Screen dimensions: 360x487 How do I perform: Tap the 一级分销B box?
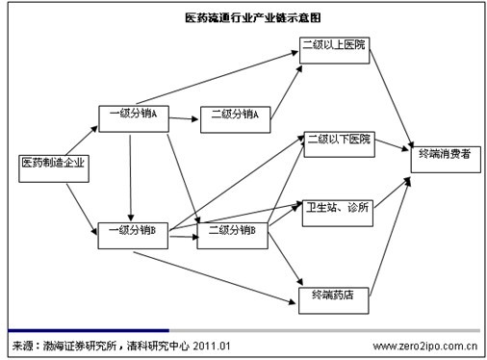tap(133, 232)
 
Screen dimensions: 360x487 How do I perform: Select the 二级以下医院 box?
tap(339, 141)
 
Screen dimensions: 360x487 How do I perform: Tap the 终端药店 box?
tap(333, 296)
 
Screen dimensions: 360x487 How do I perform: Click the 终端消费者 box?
tap(444, 155)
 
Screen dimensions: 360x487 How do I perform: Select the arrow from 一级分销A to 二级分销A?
tap(184, 116)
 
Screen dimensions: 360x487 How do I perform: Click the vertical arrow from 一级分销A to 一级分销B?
tap(130, 173)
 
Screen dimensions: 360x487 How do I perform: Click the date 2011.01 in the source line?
tap(209, 345)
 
